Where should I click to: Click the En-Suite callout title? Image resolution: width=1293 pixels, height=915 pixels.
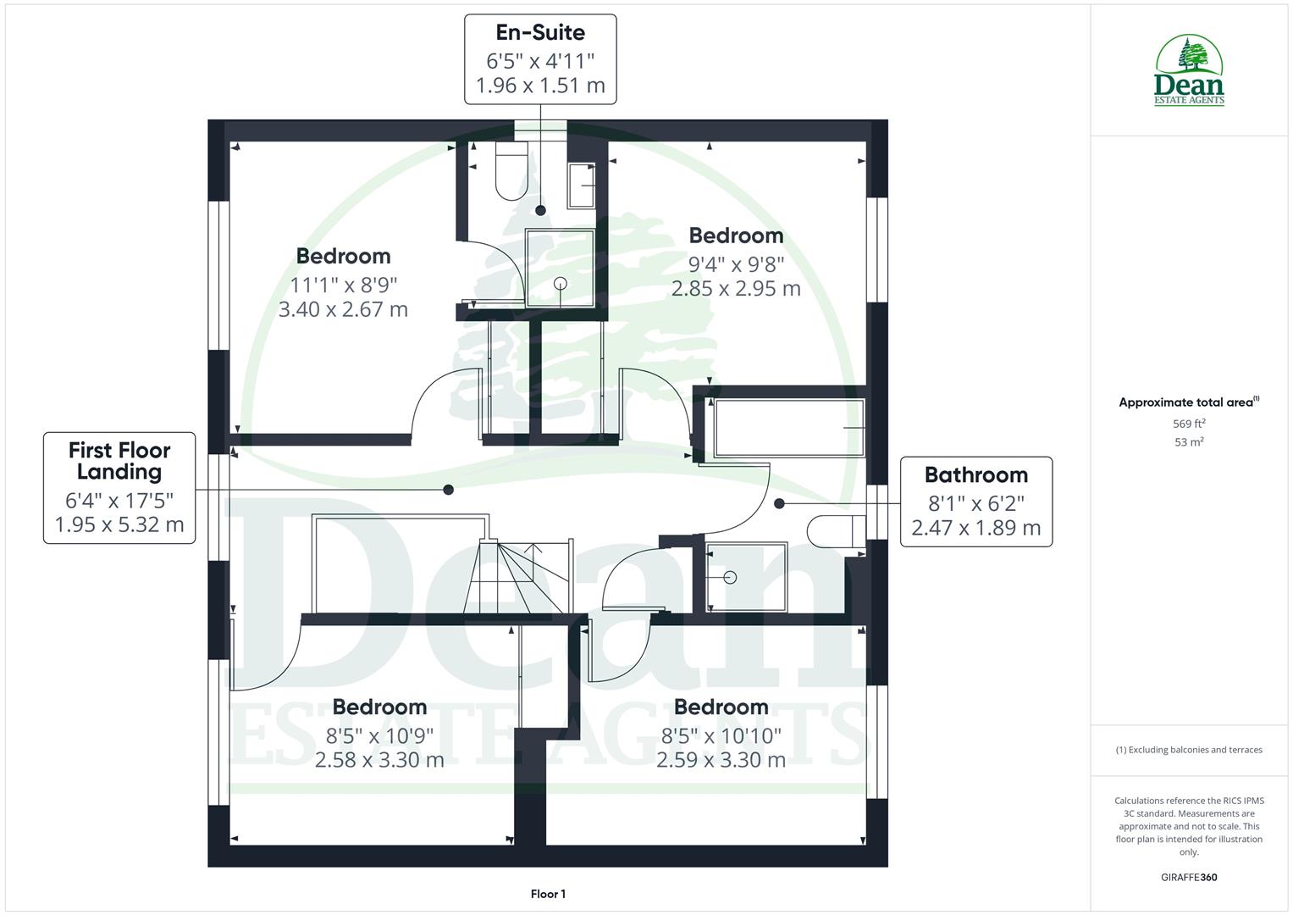(540, 33)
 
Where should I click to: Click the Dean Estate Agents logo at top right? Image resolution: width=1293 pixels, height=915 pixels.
(1190, 71)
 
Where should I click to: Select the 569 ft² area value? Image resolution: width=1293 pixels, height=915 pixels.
(1189, 424)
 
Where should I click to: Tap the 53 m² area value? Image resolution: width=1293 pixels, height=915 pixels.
(1189, 442)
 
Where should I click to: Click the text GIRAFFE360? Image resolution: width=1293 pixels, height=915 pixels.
(1189, 878)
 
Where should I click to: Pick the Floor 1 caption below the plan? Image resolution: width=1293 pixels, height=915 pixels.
(548, 894)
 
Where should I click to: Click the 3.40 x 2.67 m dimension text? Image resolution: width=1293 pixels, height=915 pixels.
(343, 309)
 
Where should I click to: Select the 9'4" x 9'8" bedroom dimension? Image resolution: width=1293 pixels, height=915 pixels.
(736, 264)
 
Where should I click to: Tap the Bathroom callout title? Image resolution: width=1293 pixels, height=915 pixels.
(975, 475)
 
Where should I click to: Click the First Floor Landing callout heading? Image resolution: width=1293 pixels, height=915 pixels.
(119, 461)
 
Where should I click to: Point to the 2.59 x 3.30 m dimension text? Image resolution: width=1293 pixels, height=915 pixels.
(721, 760)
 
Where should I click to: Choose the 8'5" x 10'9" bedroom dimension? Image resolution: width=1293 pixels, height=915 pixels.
(379, 735)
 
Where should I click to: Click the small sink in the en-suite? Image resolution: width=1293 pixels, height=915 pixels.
(581, 186)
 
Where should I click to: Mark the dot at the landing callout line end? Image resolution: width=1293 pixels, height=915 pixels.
(449, 490)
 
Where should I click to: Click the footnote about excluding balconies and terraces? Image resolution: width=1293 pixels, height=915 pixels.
(1189, 750)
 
